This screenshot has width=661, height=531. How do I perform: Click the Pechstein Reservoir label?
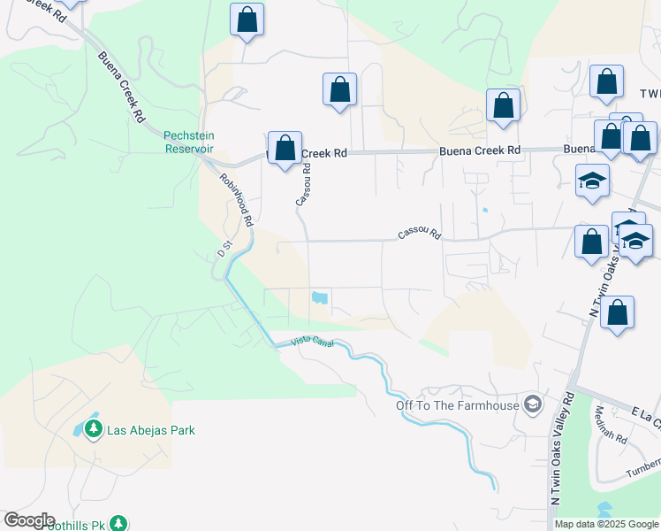(189, 142)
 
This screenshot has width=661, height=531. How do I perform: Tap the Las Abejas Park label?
(150, 430)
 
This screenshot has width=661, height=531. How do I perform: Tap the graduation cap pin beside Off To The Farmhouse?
(532, 405)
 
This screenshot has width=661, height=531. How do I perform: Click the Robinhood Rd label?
(237, 199)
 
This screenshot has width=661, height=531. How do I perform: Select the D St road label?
(224, 250)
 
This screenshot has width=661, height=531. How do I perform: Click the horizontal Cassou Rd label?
(419, 234)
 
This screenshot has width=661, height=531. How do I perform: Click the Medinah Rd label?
(611, 425)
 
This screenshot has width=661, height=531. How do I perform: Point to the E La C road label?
(646, 413)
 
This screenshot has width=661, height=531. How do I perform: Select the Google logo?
(29, 520)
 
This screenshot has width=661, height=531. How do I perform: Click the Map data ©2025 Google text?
(606, 524)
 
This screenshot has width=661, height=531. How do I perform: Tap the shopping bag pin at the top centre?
(247, 19)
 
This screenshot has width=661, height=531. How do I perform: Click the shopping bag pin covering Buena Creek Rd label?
(285, 149)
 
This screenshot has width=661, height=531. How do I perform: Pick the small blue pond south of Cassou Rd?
(320, 298)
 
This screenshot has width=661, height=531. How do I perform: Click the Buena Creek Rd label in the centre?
(479, 151)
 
